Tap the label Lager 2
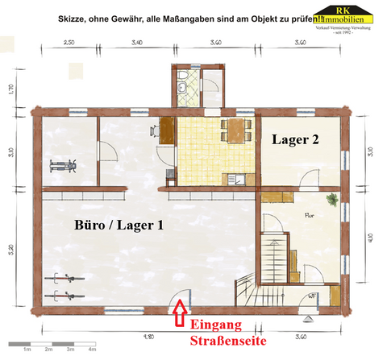click(294, 139)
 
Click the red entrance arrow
click(179, 309)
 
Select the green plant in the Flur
click(330, 198)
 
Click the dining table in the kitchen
click(234, 128)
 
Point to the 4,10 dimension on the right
click(370, 238)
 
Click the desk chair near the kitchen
click(153, 129)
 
